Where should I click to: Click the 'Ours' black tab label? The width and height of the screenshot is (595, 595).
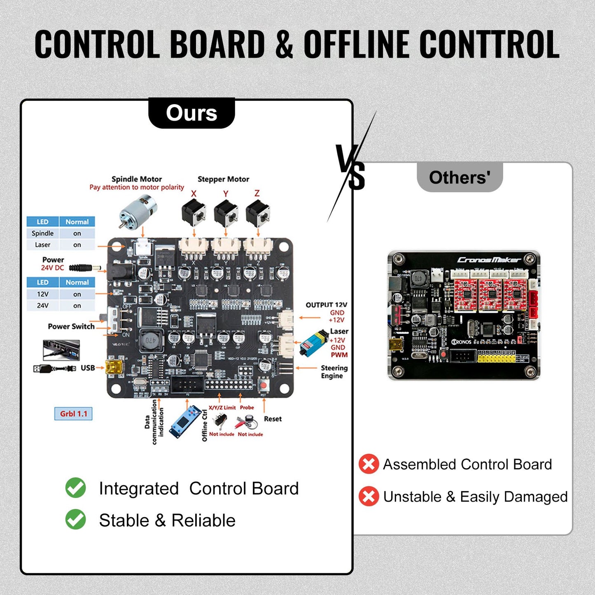(x=191, y=113)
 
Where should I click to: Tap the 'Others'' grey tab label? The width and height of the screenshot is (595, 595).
(x=460, y=178)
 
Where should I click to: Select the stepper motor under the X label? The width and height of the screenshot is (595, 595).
(x=194, y=213)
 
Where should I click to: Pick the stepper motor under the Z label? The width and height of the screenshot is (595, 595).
(x=258, y=213)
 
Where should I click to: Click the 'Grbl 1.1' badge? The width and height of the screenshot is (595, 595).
(x=73, y=414)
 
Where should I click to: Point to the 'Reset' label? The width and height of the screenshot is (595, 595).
(x=273, y=419)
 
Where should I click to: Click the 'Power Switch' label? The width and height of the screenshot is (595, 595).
(x=71, y=327)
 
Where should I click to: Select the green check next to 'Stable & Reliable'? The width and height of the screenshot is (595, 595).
(x=76, y=520)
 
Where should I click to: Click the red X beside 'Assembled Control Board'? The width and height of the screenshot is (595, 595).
(x=369, y=464)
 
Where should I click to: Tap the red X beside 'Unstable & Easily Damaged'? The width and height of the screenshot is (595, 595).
(x=369, y=496)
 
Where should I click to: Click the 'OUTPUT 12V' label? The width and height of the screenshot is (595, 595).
(x=326, y=305)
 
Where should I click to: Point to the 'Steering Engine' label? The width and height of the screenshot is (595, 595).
(x=334, y=372)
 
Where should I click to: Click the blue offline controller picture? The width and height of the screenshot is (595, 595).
(x=185, y=422)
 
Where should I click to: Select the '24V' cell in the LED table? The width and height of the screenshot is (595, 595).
(x=43, y=306)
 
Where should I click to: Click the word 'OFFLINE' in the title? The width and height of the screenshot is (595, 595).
(x=357, y=44)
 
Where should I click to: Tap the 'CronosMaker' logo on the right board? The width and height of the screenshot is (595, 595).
(x=489, y=260)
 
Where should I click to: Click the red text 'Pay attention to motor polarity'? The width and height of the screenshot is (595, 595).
(x=137, y=187)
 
